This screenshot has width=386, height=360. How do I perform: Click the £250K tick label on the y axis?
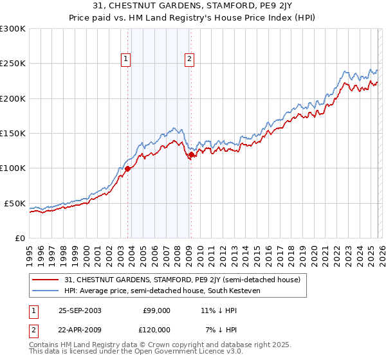13,64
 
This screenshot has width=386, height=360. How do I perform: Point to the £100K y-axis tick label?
13,168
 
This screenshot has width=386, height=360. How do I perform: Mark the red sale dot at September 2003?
128,168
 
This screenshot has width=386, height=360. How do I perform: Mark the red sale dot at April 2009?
191,154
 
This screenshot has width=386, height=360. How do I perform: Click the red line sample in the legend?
46,280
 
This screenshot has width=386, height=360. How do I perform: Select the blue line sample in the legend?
46,291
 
